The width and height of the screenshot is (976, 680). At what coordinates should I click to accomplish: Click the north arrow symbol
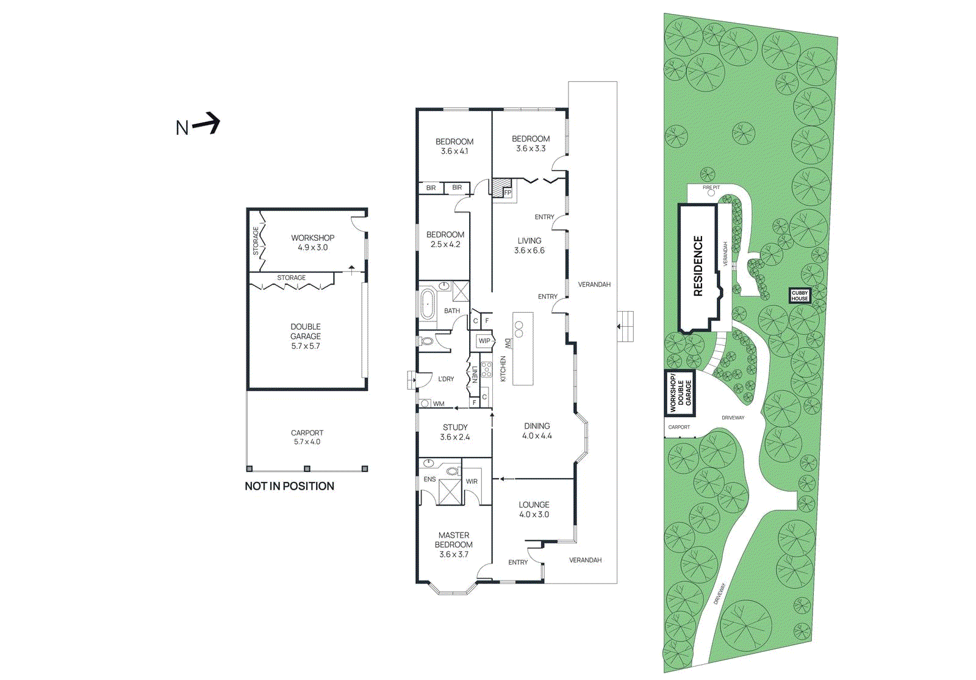(x=206, y=124)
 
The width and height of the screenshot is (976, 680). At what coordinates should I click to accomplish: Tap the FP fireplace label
(x=508, y=193)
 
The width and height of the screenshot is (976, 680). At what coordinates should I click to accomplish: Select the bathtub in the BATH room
(x=427, y=304)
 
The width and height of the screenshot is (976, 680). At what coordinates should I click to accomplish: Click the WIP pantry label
(x=484, y=341)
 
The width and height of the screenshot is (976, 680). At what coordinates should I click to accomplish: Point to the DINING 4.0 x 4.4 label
(x=537, y=431)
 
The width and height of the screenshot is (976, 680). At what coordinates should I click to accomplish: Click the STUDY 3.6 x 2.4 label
(x=455, y=432)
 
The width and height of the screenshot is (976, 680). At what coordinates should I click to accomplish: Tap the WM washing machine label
(x=439, y=404)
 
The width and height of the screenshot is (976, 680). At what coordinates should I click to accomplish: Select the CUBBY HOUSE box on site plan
(x=800, y=296)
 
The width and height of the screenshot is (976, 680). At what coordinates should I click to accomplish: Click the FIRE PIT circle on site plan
(x=711, y=193)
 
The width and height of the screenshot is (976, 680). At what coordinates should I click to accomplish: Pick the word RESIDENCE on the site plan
(x=698, y=267)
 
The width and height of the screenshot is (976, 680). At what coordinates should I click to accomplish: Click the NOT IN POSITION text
(x=289, y=486)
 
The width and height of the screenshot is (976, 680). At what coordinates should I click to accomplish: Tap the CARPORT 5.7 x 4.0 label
(x=307, y=437)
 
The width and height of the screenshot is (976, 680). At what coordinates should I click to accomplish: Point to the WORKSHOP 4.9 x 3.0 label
(x=312, y=242)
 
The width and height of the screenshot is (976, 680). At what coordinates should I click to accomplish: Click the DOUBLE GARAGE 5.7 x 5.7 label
(x=306, y=336)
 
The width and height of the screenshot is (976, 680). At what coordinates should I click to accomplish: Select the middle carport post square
(x=307, y=468)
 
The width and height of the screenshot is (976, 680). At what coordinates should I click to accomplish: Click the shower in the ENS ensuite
(x=451, y=492)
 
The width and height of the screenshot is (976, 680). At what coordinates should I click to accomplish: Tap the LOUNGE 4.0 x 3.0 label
(x=534, y=509)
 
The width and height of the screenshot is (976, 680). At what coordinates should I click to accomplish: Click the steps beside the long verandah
(x=625, y=327)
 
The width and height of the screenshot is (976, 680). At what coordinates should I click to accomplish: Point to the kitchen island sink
(x=519, y=329)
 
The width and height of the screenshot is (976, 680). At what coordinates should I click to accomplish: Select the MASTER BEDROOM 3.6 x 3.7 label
(x=454, y=545)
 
